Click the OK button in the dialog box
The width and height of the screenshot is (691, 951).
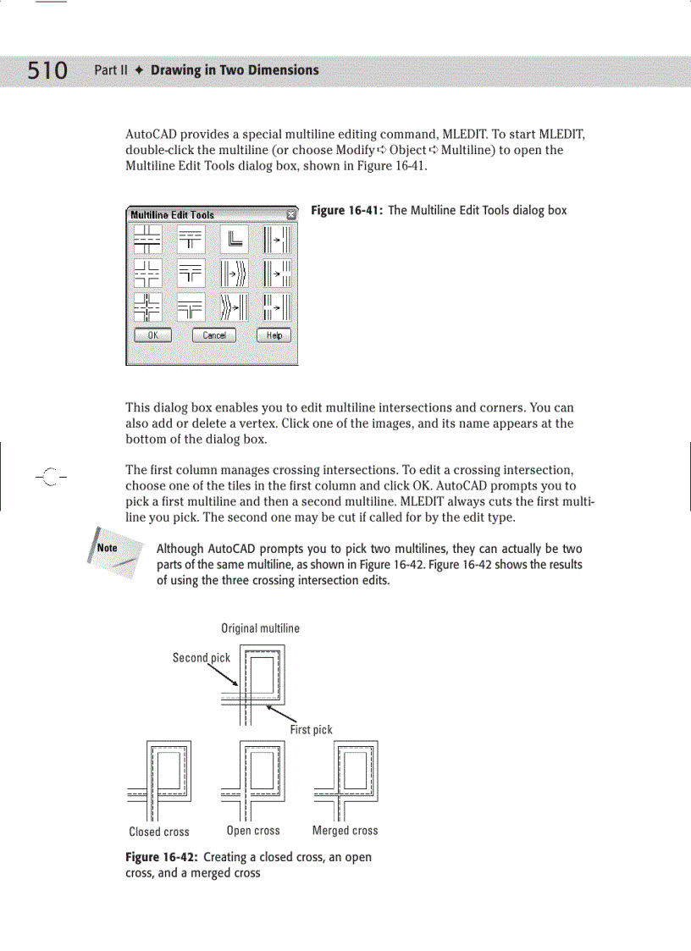click(x=153, y=335)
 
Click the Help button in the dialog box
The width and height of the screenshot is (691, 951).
click(x=274, y=335)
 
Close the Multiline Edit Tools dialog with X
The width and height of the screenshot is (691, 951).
click(x=291, y=214)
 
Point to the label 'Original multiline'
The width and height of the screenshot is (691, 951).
click(x=260, y=628)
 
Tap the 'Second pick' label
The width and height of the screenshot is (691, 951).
click(x=202, y=657)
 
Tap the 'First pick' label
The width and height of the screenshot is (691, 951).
click(x=311, y=729)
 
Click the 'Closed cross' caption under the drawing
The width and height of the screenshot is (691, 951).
click(x=159, y=832)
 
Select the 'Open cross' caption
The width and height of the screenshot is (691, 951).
click(x=253, y=831)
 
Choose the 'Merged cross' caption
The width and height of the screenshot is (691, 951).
click(x=345, y=831)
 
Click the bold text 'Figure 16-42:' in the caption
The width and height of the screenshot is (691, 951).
click(x=162, y=857)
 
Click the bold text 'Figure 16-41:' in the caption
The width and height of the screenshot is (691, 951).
click(x=347, y=210)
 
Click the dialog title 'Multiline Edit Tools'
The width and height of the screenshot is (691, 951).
click(x=172, y=215)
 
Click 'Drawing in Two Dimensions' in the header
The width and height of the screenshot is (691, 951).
click(x=235, y=70)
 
